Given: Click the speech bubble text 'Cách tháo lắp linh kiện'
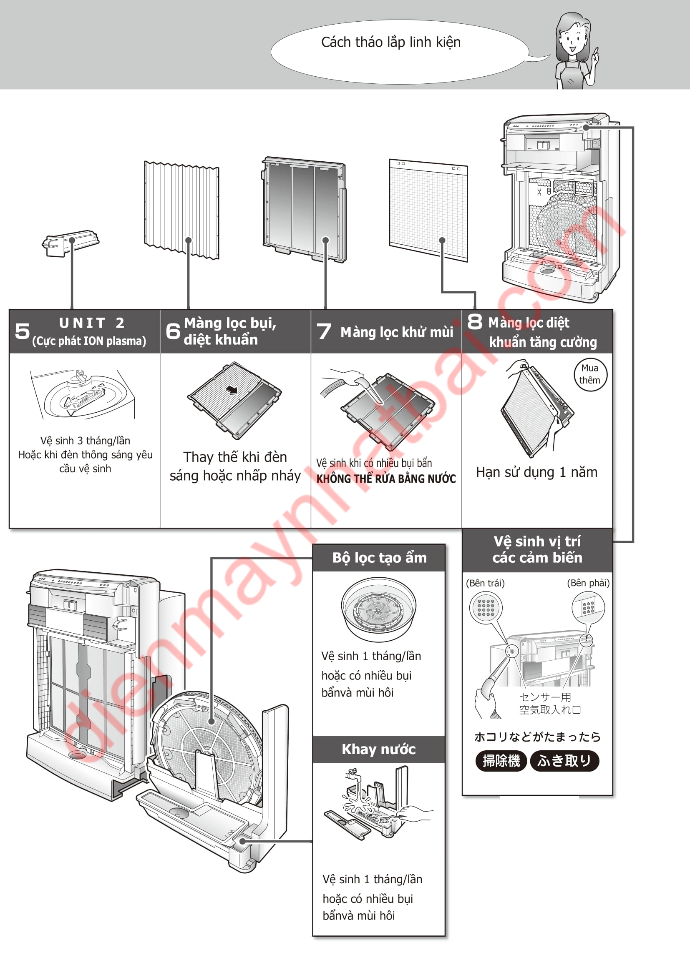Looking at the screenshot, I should [390, 43].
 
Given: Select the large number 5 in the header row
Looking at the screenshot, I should [22, 331].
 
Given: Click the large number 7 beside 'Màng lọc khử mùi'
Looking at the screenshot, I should [324, 331].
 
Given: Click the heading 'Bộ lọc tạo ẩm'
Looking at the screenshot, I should [379, 558].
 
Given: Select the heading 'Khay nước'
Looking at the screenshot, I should [378, 749].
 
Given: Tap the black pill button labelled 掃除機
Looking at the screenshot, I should [501, 761].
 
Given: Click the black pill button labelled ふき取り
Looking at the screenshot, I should [564, 761].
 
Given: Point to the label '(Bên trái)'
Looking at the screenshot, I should [485, 583].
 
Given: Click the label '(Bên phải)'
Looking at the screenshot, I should [588, 583].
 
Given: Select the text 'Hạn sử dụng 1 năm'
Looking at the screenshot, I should [536, 472].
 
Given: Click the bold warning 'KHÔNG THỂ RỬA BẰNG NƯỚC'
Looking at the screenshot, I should [386, 479].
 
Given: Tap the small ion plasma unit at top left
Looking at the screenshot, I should [70, 243].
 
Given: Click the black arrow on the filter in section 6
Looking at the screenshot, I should [232, 389].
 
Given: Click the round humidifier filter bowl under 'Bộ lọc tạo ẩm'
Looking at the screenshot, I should [378, 609].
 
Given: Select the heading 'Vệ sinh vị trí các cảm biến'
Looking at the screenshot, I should [537, 549].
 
